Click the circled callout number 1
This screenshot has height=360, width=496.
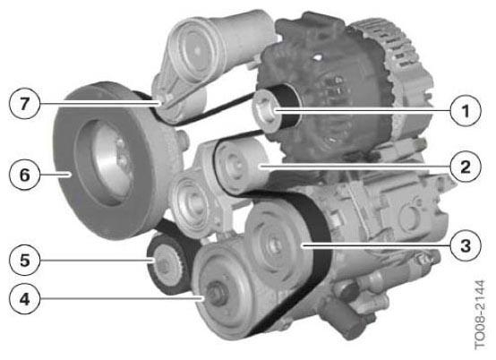pyautogui.click(x=466, y=111)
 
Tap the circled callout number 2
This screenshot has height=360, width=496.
pyautogui.click(x=466, y=167)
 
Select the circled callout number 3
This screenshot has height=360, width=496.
pyautogui.click(x=466, y=245)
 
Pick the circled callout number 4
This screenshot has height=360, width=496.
pyautogui.click(x=25, y=298)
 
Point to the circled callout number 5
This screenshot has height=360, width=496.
pyautogui.click(x=25, y=260)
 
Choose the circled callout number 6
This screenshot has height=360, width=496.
pyautogui.click(x=25, y=175)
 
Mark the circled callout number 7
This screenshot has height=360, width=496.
pyautogui.click(x=25, y=104)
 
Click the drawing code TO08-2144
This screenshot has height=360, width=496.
pyautogui.click(x=480, y=314)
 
